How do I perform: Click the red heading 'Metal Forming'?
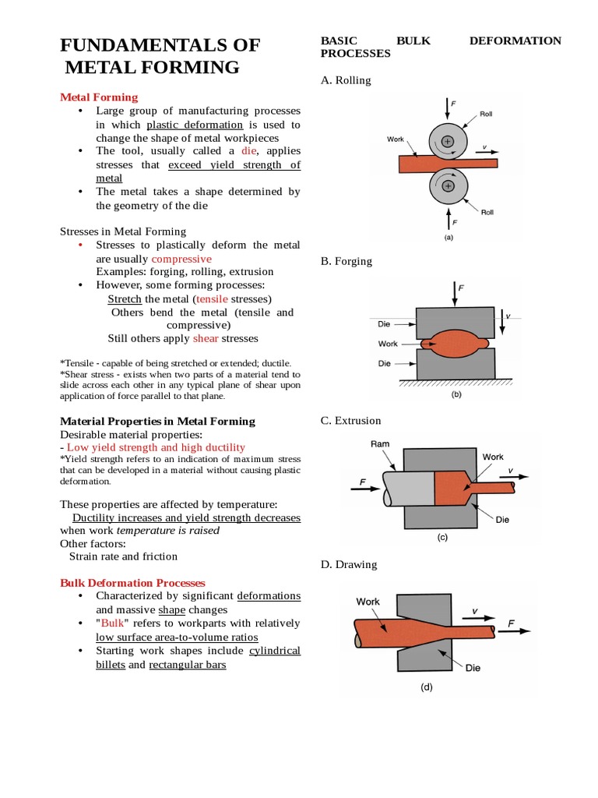99,97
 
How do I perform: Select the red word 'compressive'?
181,259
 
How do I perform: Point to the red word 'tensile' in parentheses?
213,299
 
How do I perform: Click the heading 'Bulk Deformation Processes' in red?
132,582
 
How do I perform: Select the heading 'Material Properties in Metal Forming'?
157,421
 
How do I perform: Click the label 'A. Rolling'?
346,80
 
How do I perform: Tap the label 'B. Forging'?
346,261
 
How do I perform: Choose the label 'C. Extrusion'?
351,421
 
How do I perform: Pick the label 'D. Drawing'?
349,564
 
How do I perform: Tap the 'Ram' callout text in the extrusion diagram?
381,444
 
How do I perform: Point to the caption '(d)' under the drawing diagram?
426,687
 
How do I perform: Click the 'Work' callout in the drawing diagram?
368,601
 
